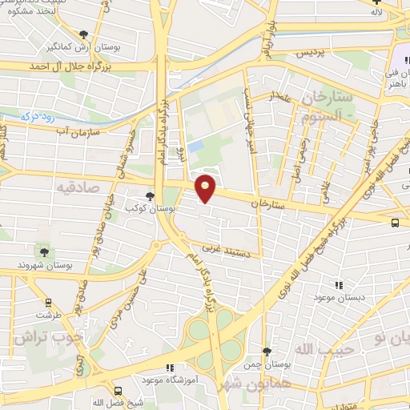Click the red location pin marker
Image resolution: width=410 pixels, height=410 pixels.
point(206,188)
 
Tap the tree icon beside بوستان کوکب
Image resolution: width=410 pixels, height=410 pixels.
point(150,196)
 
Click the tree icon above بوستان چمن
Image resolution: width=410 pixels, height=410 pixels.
point(267,352)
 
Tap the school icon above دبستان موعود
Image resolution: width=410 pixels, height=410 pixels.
point(339,284)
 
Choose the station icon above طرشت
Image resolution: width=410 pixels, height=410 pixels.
point(50,303)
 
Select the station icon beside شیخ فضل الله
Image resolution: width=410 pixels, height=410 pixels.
point(118,392)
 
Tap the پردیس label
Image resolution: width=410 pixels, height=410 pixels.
point(291,53)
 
